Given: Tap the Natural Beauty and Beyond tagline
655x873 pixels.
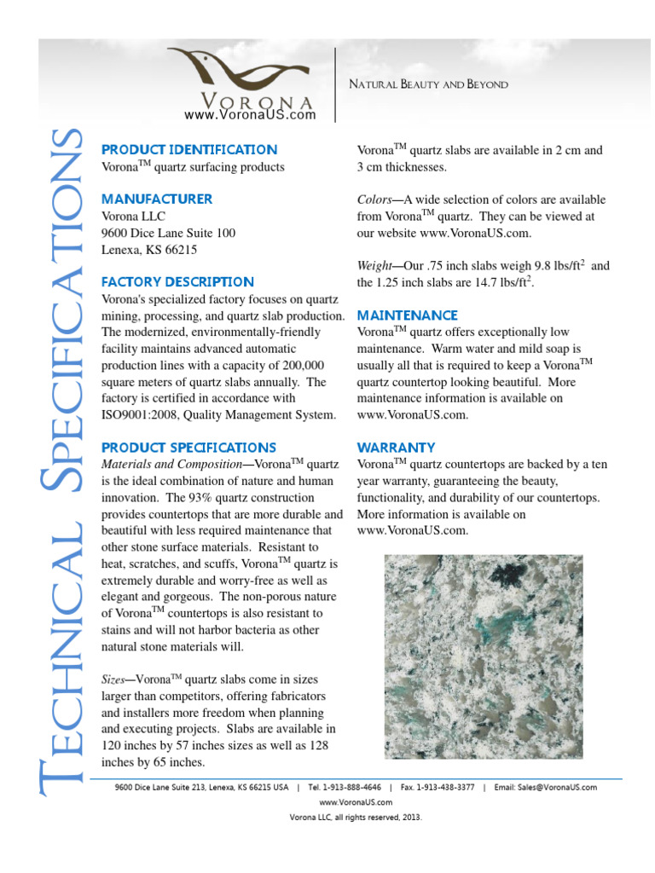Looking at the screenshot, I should point(429,84).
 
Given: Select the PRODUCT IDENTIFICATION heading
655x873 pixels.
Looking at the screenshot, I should point(189,149).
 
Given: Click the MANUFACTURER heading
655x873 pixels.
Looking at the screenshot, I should point(157,199).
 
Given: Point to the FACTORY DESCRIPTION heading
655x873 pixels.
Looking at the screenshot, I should point(177,281).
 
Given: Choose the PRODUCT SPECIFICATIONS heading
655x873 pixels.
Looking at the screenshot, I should point(188,447).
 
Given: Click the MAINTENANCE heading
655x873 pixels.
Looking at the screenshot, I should point(408,315).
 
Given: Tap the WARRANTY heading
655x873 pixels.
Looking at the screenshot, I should point(396,447).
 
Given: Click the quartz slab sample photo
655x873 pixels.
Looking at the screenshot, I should point(484,656).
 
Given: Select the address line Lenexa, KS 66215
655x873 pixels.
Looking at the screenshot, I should point(149,249).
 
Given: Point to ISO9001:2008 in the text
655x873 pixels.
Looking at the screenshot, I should point(142,415).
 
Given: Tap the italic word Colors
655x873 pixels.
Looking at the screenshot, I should point(375,199).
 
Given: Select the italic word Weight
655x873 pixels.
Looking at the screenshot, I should point(376,266).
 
